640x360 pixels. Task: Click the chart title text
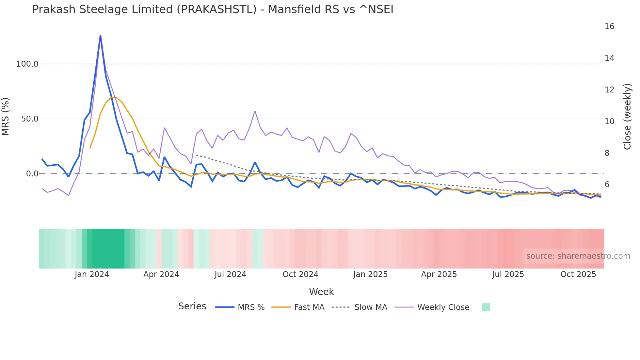point(213,9)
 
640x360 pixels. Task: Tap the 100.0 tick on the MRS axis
point(27,64)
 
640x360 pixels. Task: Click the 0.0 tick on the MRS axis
point(32,174)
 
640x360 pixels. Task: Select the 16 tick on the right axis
point(609,26)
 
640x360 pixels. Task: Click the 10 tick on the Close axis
point(609,122)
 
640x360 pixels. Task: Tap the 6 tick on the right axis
point(607,185)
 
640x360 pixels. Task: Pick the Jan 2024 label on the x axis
point(92,274)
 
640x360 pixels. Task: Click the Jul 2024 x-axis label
point(230,274)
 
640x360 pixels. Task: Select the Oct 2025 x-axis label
point(578,274)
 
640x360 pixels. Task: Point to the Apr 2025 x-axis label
point(439,274)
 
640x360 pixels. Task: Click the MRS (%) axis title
point(6,117)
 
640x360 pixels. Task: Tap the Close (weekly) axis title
point(627,117)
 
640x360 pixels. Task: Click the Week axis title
point(321,292)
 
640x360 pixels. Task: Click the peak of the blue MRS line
point(100,35)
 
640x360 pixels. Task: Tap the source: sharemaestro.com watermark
point(578,256)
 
